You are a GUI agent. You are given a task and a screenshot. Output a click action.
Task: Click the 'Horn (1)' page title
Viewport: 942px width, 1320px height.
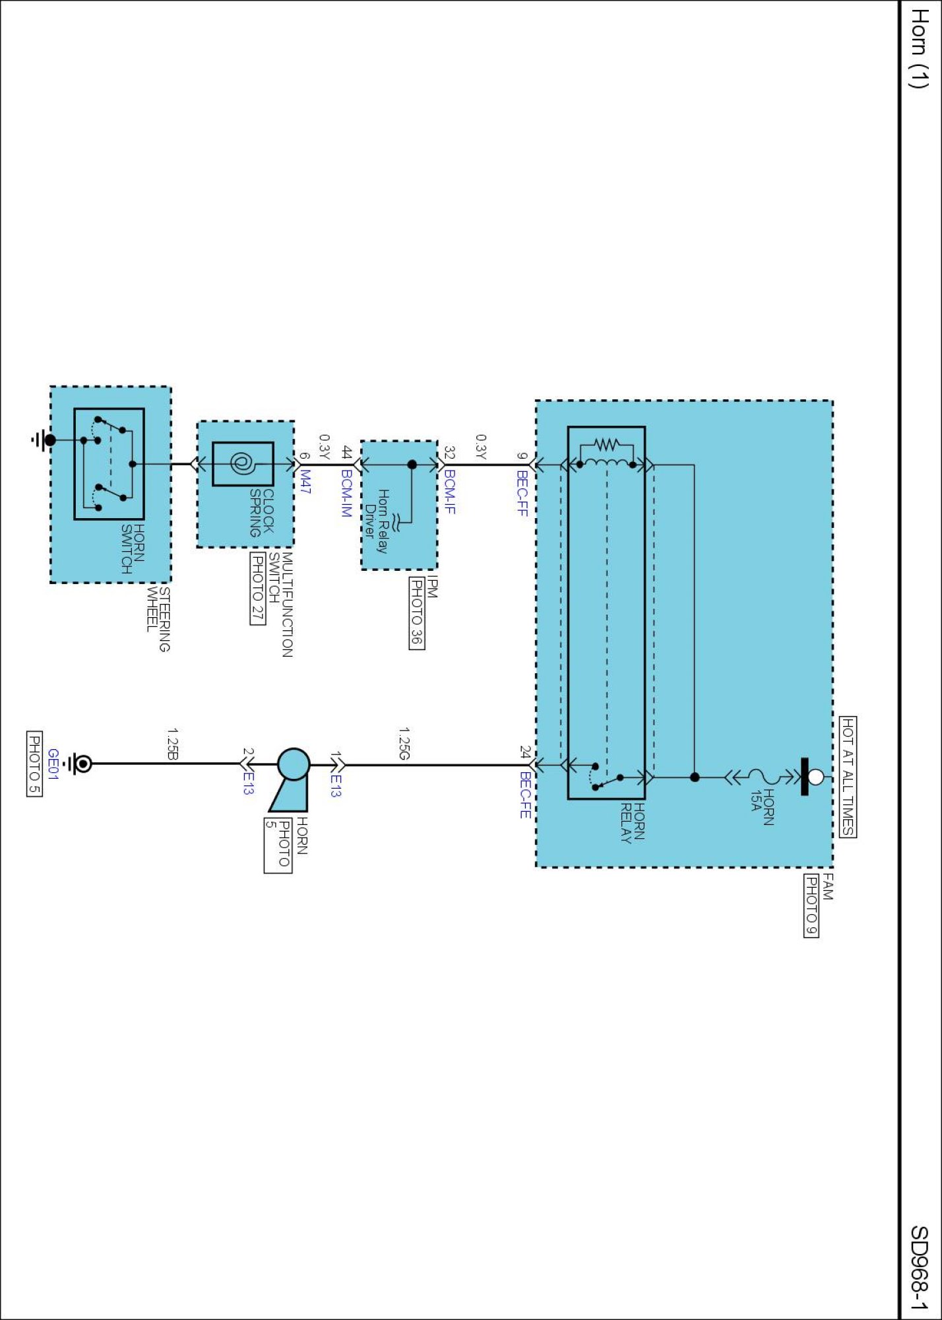[919, 49]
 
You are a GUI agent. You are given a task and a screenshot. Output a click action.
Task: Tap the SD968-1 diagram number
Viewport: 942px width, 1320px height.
[919, 1267]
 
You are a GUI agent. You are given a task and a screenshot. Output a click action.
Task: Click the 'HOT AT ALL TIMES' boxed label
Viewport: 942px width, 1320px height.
[848, 776]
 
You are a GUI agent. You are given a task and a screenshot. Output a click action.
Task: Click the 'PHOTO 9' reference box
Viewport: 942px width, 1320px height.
[811, 905]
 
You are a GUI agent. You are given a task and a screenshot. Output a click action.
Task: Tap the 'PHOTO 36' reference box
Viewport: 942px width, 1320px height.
[417, 613]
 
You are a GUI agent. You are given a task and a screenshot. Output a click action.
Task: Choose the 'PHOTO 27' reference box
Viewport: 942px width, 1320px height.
[257, 588]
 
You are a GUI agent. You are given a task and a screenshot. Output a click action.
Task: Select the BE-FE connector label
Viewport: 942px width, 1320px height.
[525, 795]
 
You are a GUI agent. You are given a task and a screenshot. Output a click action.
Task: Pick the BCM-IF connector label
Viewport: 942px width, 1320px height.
[450, 492]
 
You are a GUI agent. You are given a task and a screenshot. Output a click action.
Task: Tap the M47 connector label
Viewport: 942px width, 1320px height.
[305, 481]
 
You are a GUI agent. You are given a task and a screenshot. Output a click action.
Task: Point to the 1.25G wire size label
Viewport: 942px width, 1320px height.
[404, 744]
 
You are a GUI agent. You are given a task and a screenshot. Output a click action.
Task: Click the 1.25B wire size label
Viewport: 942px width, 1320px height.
[172, 744]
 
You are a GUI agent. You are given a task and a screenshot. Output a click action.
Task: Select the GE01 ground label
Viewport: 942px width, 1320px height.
[53, 764]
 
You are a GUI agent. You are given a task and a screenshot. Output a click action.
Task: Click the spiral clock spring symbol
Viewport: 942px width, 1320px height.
[241, 464]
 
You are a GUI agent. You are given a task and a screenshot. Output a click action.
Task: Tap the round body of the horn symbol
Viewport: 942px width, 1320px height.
[294, 764]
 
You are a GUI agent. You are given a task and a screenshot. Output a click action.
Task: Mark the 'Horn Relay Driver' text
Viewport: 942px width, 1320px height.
[377, 521]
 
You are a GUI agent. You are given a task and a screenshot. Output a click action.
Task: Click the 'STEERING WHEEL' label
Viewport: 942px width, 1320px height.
[158, 619]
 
